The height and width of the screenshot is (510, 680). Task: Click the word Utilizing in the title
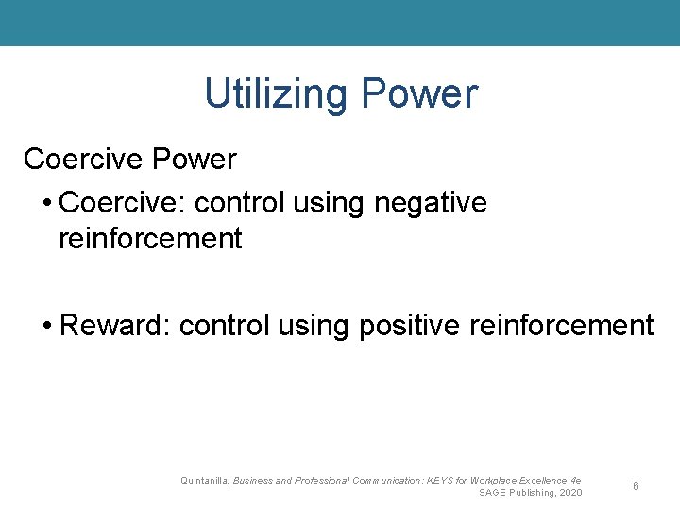(x=275, y=94)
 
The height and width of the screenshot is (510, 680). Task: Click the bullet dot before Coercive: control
(x=47, y=203)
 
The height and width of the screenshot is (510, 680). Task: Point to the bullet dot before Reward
(x=47, y=327)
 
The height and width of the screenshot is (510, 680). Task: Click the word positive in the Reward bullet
(x=407, y=327)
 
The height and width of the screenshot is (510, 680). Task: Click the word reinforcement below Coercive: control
(x=150, y=239)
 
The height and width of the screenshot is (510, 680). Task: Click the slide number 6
(x=637, y=485)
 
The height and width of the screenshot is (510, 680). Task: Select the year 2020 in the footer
(x=569, y=493)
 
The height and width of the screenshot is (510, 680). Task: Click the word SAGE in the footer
(x=493, y=493)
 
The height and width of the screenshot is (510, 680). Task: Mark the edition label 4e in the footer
(x=576, y=481)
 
